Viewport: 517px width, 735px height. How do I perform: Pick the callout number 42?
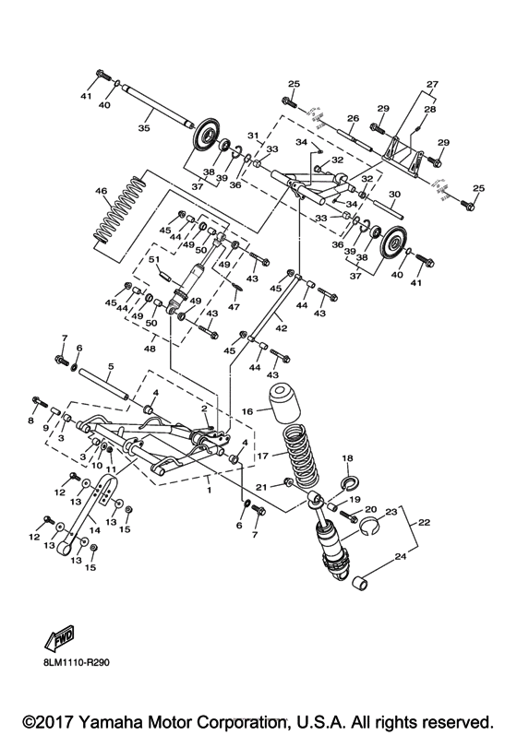click(281, 327)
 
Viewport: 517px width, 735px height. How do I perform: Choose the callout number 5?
click(110, 366)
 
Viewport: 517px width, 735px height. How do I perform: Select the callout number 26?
click(352, 118)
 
